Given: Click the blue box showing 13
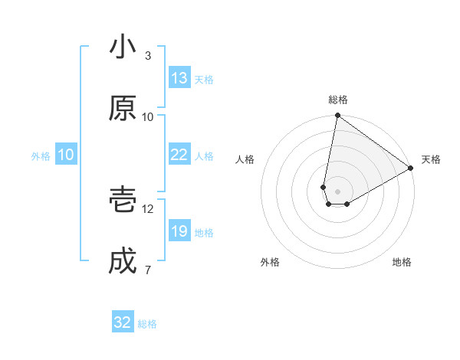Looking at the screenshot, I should click(179, 78).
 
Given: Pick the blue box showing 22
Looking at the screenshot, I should click(179, 155).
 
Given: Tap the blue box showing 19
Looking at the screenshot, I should click(179, 231).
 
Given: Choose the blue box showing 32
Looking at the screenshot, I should click(123, 322).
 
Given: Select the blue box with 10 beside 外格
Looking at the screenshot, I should click(66, 155).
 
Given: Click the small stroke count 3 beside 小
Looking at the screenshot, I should click(148, 56).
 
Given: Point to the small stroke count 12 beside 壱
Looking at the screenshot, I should click(148, 208).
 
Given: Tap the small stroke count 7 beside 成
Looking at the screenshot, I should click(148, 270).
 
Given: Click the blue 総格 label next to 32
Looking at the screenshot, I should click(147, 324).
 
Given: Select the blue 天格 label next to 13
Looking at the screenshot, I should click(204, 80).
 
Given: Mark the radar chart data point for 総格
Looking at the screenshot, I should click(337, 116).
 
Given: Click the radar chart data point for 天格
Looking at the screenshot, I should click(411, 169).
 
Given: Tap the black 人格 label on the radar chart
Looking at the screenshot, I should click(245, 159).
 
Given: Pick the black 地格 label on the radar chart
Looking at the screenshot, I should click(402, 262).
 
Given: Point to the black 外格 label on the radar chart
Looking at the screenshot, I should click(270, 262).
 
